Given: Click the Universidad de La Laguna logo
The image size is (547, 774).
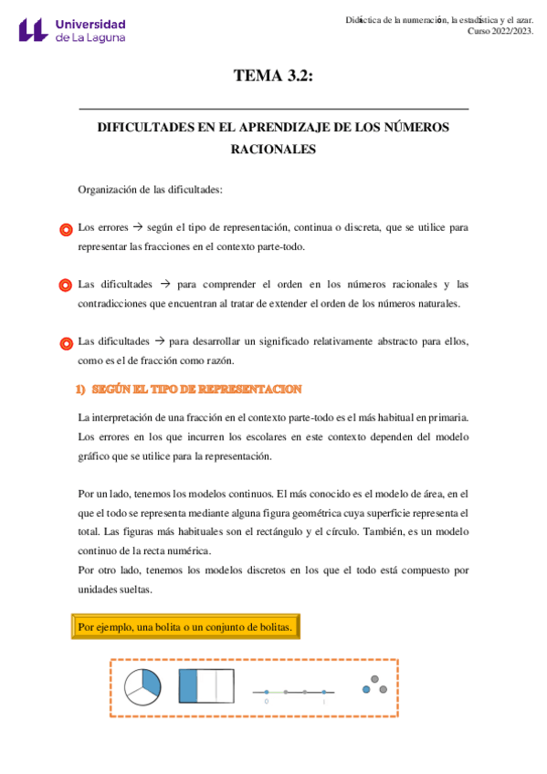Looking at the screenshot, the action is pos(72,30).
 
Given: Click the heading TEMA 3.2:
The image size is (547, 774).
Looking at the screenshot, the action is pos(273,77).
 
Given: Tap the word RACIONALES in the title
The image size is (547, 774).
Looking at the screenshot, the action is pos(274,150).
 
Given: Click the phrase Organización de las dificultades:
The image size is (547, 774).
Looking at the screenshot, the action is pos(150,190).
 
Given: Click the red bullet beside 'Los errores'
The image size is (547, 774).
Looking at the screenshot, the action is pos(65,230).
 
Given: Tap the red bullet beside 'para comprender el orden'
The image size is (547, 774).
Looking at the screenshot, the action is pos(65,287).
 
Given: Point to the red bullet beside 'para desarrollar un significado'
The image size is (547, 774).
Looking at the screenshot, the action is pos(65,344).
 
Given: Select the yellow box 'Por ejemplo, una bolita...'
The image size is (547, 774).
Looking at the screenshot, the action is pos(184,627).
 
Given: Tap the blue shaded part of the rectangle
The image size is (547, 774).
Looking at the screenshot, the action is pos(188,686).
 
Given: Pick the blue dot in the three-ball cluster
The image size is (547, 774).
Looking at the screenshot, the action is pos(366,689).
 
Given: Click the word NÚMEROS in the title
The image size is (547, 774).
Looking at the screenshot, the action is pos(417,128).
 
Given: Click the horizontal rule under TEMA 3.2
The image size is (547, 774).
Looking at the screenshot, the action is pos(274,109).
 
